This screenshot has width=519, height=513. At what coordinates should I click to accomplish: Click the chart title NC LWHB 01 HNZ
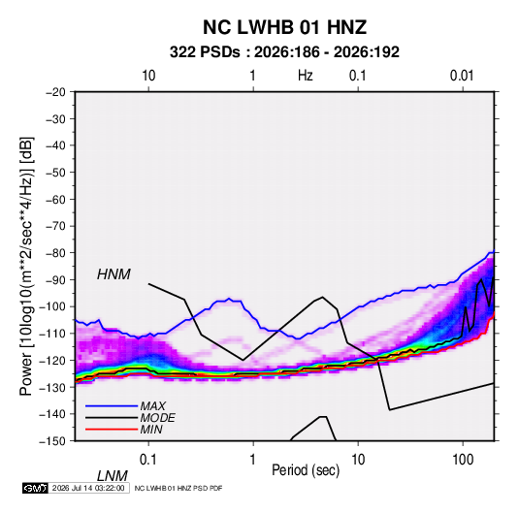[284, 27]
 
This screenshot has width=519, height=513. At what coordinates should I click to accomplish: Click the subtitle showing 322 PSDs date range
[284, 52]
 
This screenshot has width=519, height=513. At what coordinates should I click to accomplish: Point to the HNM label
[114, 274]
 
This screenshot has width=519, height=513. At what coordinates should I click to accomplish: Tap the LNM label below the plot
[113, 476]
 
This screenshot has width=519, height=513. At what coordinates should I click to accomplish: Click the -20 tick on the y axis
[55, 92]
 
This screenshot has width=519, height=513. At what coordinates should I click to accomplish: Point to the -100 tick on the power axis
[52, 306]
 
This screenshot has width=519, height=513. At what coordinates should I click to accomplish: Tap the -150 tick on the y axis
[52, 441]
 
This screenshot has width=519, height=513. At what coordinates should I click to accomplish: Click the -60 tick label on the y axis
[55, 199]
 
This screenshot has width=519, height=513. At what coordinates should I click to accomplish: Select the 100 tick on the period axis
[463, 460]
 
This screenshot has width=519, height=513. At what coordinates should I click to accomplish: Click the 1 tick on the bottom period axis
[253, 460]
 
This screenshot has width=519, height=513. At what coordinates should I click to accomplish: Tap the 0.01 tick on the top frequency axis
[462, 76]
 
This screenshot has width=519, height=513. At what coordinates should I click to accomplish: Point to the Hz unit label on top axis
[306, 76]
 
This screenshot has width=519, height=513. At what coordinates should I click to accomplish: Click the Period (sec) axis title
[306, 470]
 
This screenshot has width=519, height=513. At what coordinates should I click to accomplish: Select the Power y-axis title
[26, 267]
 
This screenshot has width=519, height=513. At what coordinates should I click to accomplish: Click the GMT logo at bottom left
[36, 488]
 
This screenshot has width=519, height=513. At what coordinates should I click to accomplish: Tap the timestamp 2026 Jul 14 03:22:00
[88, 488]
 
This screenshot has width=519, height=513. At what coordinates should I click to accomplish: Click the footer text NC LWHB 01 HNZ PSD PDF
[178, 488]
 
